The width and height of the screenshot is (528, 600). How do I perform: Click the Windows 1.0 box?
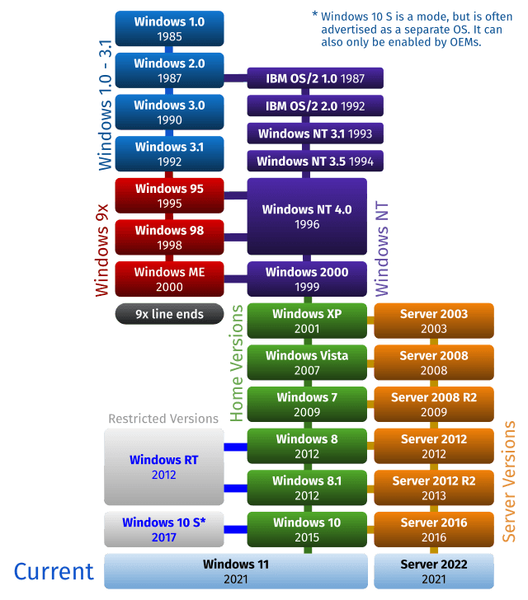click(169, 29)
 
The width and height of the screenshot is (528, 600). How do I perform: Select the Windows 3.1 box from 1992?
click(169, 154)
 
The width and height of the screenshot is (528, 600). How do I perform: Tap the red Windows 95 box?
click(169, 196)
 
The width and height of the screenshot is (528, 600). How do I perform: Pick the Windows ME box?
click(169, 279)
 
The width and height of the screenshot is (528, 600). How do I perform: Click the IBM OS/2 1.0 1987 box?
click(314, 78)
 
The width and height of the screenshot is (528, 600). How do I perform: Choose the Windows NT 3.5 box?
click(314, 162)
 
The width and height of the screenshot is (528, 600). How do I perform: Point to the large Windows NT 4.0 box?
click(307, 216)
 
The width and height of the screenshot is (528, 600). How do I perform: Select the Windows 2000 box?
click(307, 279)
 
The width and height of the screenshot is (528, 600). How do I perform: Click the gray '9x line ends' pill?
click(169, 314)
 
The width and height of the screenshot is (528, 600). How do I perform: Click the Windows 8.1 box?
click(307, 488)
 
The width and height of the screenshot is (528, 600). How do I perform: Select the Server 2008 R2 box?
click(434, 405)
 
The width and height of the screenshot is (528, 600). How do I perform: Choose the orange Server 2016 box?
click(434, 530)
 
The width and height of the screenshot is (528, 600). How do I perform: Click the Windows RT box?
click(163, 466)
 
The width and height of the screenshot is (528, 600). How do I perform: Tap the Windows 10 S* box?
click(163, 530)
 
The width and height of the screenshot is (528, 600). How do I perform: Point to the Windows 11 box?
click(235, 572)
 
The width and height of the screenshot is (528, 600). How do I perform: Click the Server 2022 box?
click(434, 572)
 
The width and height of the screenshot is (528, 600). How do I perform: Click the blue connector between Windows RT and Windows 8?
click(236, 447)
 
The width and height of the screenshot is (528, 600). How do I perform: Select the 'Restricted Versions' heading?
click(163, 419)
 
